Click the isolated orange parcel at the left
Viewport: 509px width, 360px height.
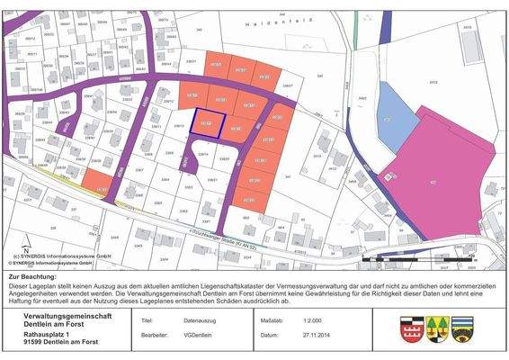101,188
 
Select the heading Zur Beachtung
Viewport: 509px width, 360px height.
32,278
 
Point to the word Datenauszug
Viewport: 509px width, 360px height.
201,319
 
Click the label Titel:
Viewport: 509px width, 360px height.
147,319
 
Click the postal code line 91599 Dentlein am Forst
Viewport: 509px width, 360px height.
61,343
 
